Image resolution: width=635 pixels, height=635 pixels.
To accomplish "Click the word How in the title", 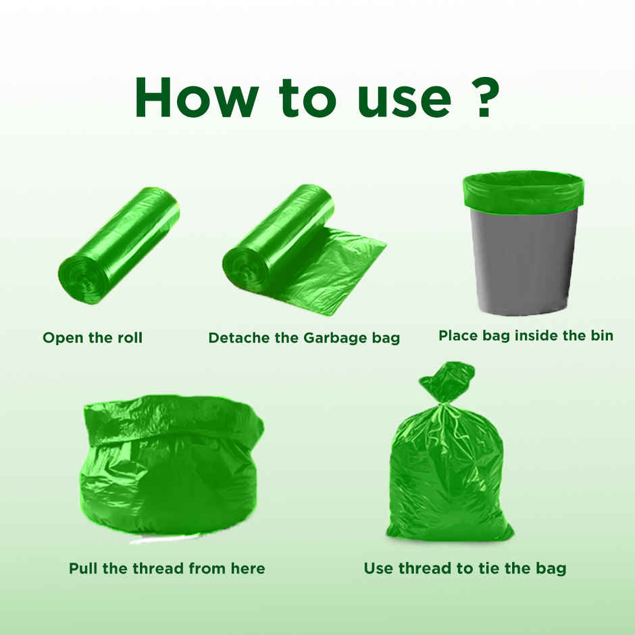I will [x=195, y=98].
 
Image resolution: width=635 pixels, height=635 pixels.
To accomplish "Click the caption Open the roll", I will [x=93, y=338].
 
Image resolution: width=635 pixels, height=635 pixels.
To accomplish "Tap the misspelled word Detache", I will [x=238, y=338].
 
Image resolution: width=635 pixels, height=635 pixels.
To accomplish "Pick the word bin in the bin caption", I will [x=599, y=335].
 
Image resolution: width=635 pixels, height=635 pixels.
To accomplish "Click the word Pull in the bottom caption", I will [x=84, y=568].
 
